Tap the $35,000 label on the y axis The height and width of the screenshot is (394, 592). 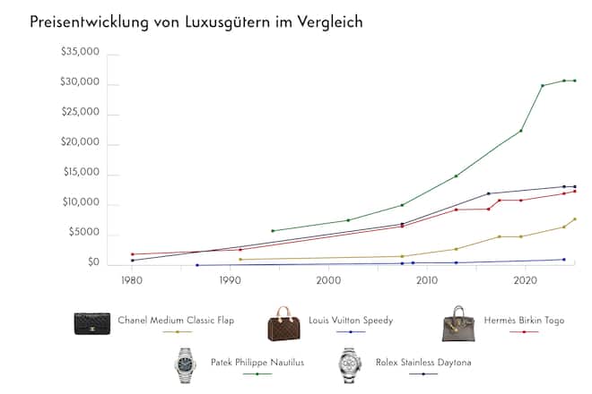(80, 54)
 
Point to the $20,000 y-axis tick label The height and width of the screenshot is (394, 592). (80, 144)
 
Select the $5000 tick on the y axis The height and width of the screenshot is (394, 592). (83, 233)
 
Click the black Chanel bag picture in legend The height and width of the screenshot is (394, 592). (92, 323)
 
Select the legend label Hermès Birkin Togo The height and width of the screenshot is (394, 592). (523, 320)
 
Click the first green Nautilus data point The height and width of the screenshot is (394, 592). (273, 231)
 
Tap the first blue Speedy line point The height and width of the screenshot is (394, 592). (197, 265)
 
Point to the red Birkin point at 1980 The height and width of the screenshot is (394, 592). (132, 254)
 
